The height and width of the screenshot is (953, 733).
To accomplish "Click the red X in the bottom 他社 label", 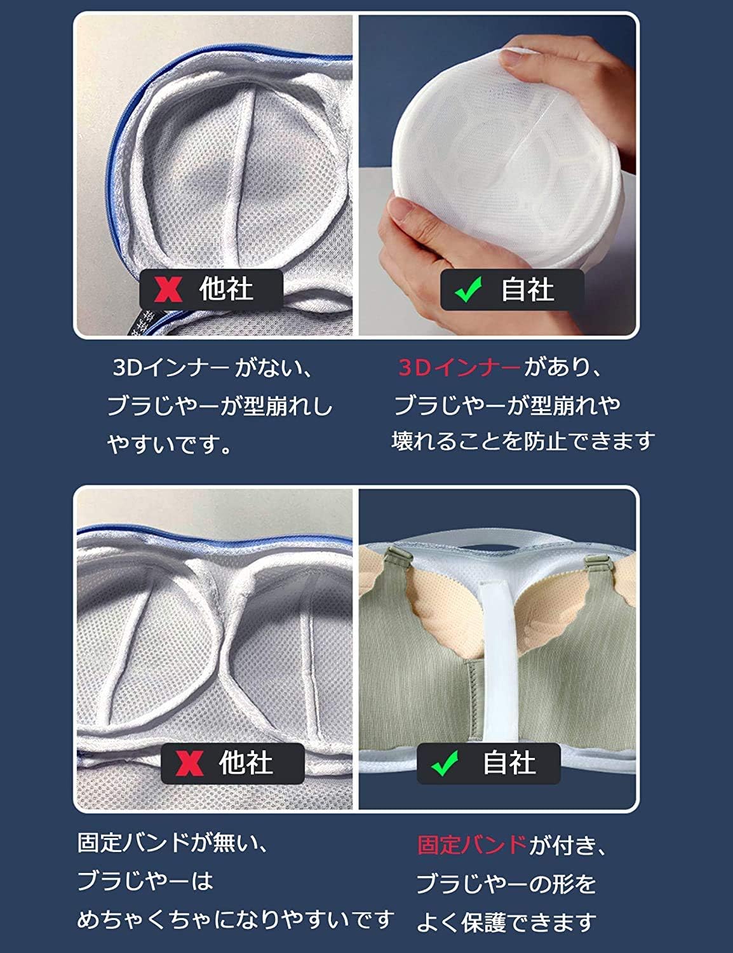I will click(x=189, y=763).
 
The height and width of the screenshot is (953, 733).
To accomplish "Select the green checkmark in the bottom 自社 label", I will click(x=445, y=763).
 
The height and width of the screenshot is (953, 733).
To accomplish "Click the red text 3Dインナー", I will click(x=459, y=368).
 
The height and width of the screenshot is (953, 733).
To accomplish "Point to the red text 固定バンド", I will click(x=472, y=845).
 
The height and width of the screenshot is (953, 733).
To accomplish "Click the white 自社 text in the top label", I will click(x=527, y=290).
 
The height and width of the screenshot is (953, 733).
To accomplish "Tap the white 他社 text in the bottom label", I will click(x=246, y=763).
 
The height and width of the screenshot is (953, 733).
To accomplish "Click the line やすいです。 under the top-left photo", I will click(x=170, y=444).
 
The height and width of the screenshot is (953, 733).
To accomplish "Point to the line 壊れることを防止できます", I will click(x=523, y=441).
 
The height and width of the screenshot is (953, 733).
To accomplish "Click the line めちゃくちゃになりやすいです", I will click(x=235, y=919).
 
